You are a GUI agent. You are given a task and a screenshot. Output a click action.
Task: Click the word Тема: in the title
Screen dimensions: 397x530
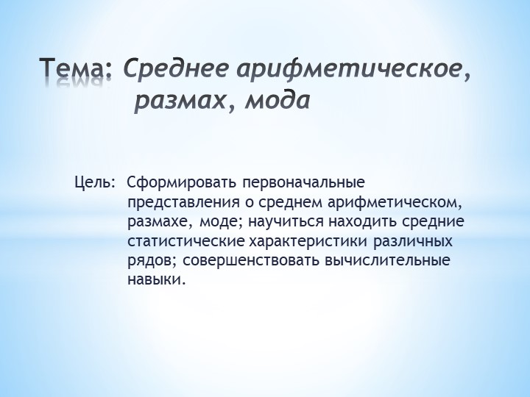[x=76, y=69]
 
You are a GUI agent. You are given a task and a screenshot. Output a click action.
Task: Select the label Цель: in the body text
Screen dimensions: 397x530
[x=94, y=181]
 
